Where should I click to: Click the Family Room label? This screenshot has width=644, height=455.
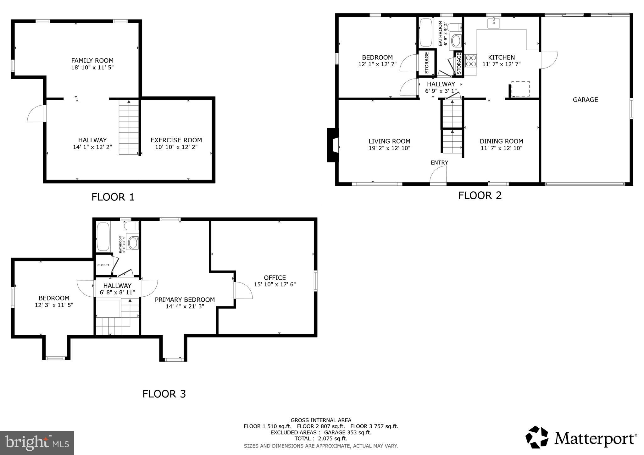coord(92,60)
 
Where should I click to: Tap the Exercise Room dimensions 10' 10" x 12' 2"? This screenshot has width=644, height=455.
coord(176,147)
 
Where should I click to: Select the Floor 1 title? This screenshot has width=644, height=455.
coord(113,197)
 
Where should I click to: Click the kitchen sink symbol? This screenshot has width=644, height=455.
coord(494,23)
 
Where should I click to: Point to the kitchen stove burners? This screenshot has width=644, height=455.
coord(470,61)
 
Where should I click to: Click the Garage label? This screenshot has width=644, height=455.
coord(585,100)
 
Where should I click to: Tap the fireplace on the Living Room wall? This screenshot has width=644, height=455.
coord(332,145)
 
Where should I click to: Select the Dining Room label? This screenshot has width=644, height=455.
coord(501,141)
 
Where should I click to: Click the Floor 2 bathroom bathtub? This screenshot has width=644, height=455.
coord(426,33)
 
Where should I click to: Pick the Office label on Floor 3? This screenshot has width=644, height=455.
coord(275,277)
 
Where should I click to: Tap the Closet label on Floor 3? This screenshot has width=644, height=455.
coord(103,265)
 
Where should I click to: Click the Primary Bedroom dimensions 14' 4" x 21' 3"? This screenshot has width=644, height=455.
coord(185,306)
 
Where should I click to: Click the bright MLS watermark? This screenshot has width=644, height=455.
coord(37,443)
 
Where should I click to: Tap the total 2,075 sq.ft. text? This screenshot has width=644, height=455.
coord(321,438)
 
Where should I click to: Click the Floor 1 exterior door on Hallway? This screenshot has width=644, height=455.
coord(36,114)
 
